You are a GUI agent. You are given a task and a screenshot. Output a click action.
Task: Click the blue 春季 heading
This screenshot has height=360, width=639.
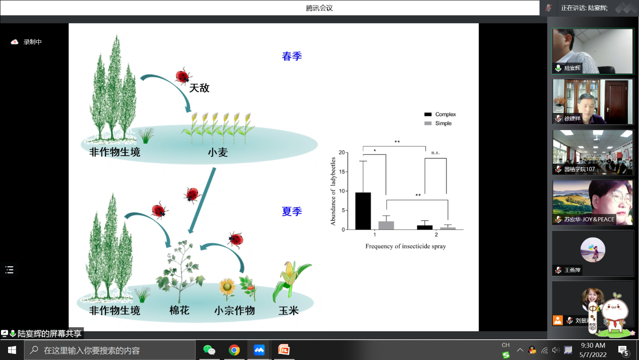(x=292, y=56)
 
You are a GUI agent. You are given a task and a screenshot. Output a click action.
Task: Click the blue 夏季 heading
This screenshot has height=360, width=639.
(x=292, y=212)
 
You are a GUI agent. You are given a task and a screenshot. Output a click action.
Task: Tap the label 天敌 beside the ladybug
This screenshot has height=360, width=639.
(x=199, y=88)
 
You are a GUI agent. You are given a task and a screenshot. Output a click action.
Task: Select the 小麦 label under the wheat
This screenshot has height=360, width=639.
(x=218, y=152)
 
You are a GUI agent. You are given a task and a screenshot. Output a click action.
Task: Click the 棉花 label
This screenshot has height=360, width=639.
(x=179, y=310)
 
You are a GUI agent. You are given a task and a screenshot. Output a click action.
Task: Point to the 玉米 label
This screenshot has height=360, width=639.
(x=289, y=310)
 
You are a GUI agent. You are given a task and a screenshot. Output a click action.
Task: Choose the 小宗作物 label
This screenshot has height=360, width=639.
(x=234, y=310)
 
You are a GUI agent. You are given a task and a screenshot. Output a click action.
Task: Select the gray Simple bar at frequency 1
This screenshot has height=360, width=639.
(x=386, y=225)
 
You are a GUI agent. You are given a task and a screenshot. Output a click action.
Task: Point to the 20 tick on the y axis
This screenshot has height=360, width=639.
(x=342, y=153)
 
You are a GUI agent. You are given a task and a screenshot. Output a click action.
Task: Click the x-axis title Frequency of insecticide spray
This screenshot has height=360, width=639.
(x=405, y=247)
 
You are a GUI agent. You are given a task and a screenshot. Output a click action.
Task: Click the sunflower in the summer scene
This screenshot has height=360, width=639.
(x=227, y=287)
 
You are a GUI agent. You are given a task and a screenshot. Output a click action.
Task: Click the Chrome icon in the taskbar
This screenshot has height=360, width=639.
(x=234, y=350)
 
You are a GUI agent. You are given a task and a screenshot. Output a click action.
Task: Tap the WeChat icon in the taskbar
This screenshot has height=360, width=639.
(x=209, y=350)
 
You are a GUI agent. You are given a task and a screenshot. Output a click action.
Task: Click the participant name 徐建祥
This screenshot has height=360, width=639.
(x=572, y=118)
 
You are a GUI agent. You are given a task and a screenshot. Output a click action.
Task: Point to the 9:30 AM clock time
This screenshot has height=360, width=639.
(x=593, y=345)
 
